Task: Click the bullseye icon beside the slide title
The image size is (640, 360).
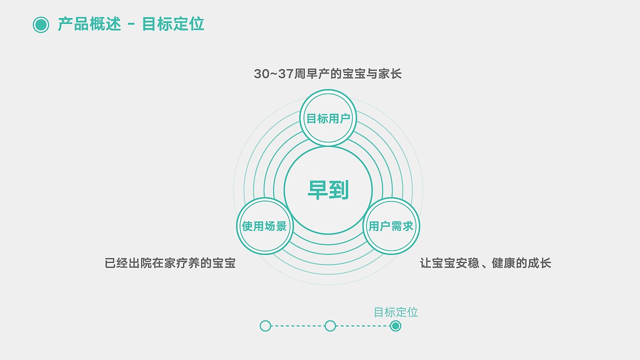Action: pyautogui.click(x=41, y=24)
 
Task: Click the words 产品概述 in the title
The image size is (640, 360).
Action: pyautogui.click(x=89, y=24)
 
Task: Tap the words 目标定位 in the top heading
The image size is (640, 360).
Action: pyautogui.click(x=173, y=24)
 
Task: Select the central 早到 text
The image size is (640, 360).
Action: pyautogui.click(x=328, y=190)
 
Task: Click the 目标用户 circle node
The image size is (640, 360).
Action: pyautogui.click(x=328, y=118)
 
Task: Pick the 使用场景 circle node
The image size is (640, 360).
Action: pyautogui.click(x=264, y=226)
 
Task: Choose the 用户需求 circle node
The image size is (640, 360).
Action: pyautogui.click(x=391, y=226)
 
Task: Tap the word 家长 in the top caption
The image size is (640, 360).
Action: pyautogui.click(x=390, y=74)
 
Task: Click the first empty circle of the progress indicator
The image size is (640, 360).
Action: pyautogui.click(x=265, y=326)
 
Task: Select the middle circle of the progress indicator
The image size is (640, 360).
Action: pyautogui.click(x=330, y=326)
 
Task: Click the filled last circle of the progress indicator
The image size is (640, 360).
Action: pyautogui.click(x=395, y=326)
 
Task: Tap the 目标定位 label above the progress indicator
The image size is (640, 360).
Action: pyautogui.click(x=395, y=312)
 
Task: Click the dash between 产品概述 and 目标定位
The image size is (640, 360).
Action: pyautogui.click(x=131, y=24)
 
